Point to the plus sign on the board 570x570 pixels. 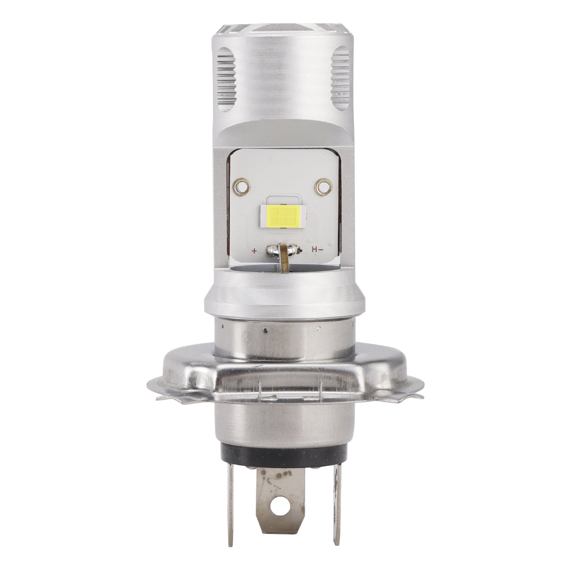(254, 250)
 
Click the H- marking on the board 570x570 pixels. (318, 249)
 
